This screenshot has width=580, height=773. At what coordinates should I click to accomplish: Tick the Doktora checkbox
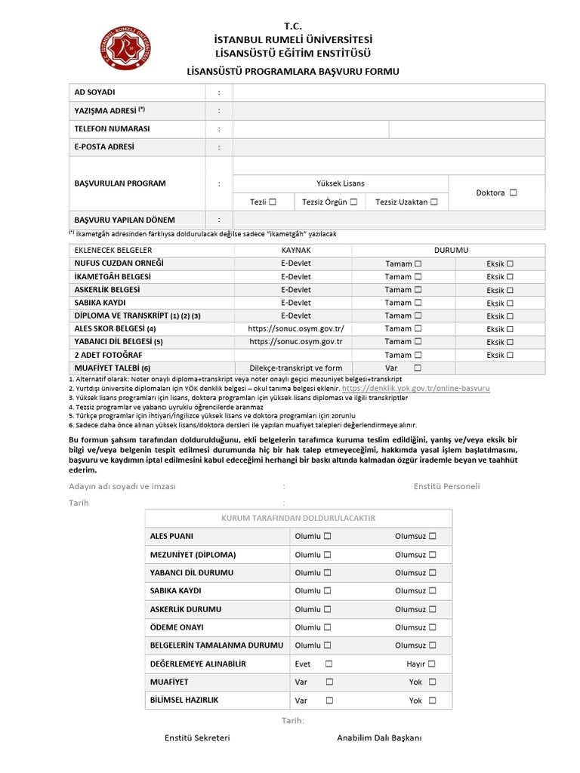[514, 192]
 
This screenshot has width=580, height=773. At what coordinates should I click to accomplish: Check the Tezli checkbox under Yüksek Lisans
[273, 202]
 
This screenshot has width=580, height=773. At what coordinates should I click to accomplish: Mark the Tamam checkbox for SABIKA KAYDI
[418, 303]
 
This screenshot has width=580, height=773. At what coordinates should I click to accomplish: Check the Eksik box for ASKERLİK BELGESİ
[510, 290]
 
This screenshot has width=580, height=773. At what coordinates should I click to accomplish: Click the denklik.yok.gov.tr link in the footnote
[416, 387]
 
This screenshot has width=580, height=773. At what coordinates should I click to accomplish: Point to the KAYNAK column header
[296, 250]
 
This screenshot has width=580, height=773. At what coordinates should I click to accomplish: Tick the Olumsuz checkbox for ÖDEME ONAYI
[432, 627]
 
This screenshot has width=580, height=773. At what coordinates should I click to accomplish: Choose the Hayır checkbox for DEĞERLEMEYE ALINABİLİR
[431, 664]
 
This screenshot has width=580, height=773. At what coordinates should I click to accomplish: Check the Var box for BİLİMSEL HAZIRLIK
[329, 701]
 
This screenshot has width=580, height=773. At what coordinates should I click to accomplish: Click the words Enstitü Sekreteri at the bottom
[197, 738]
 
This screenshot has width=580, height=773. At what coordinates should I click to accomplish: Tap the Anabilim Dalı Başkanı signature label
[379, 738]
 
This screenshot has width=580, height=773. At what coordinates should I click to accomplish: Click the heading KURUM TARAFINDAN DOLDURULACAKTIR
[298, 518]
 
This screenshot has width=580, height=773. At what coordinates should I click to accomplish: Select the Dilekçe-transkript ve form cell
[296, 368]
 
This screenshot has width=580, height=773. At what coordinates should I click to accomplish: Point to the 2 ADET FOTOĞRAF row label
[109, 355]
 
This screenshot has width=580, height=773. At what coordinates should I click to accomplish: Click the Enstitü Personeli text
[446, 486]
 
